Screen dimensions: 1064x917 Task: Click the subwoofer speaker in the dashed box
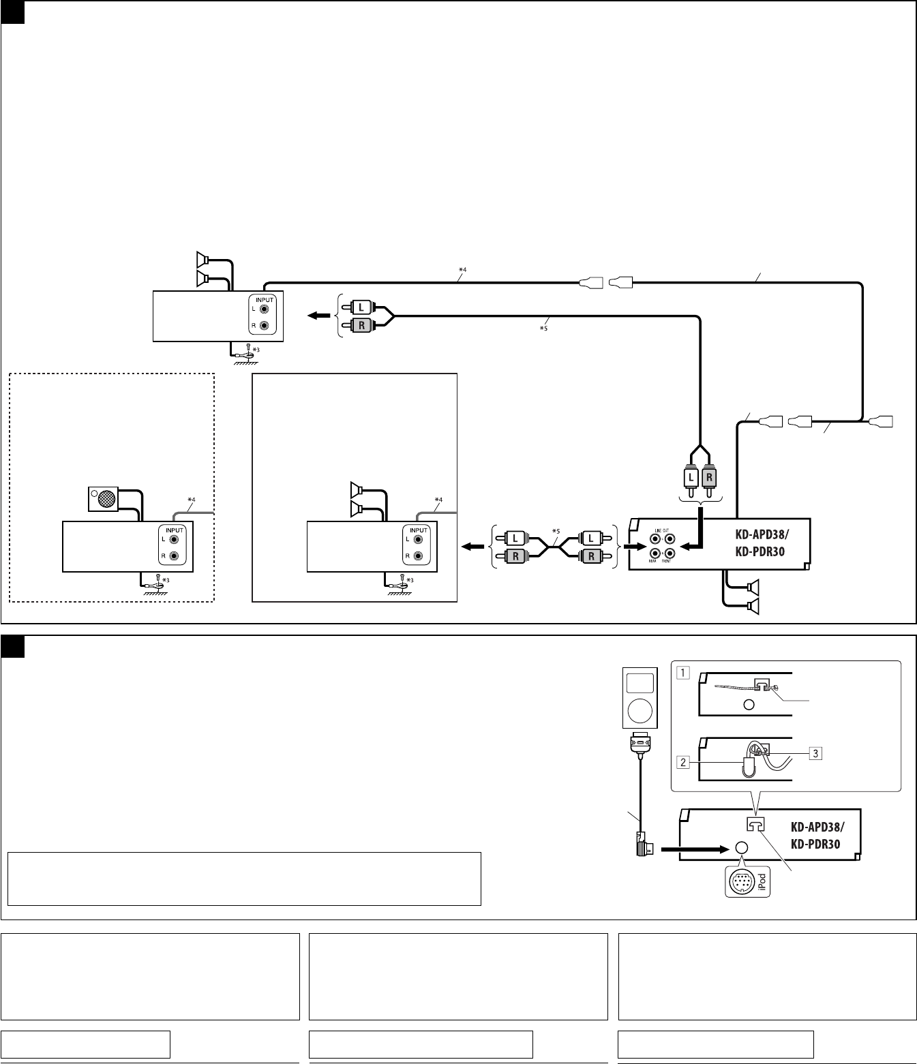(104, 500)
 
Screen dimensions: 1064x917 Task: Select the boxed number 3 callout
(815, 753)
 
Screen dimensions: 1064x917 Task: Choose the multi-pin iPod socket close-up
(740, 883)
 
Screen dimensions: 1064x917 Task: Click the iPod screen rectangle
(640, 683)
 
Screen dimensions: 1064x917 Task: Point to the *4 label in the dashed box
(192, 501)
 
